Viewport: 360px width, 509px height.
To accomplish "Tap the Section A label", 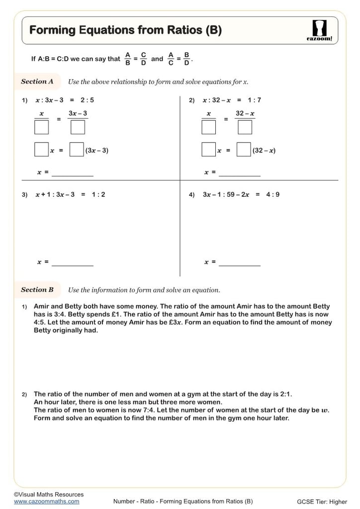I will (37, 82).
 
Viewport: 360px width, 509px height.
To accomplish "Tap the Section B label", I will (37, 290).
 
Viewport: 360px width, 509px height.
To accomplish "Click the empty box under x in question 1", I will (42, 128).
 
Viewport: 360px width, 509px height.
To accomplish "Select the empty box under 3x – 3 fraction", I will (78, 128).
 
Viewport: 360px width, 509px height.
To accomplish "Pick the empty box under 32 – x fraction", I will (245, 128).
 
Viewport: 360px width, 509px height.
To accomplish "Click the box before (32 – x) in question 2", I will (244, 150).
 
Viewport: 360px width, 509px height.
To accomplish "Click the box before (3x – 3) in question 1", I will (77, 150).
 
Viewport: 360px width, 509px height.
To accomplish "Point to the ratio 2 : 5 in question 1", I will (87, 100).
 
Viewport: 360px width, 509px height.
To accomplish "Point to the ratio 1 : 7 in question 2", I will (254, 100).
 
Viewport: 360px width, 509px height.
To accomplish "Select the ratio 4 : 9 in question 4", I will (272, 194).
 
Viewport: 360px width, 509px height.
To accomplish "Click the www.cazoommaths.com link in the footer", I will (46, 502).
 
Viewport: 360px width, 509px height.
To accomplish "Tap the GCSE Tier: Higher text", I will (322, 502).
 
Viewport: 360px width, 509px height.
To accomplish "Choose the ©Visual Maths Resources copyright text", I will (49, 494).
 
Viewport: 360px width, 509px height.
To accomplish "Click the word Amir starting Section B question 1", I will (42, 307).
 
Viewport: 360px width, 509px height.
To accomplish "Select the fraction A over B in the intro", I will (128, 59).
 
